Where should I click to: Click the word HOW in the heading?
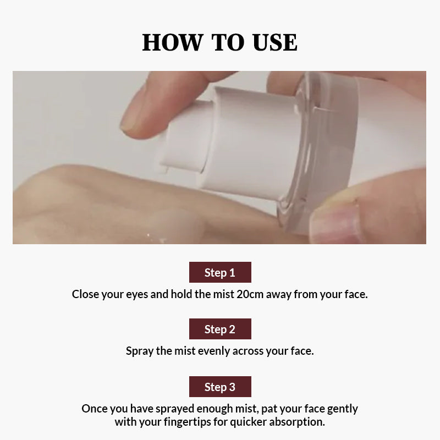click(x=172, y=43)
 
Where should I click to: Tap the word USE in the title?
click(x=274, y=43)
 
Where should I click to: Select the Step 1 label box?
click(x=220, y=272)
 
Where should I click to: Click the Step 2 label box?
click(x=220, y=329)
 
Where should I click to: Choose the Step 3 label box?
click(x=220, y=387)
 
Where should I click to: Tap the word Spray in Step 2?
click(x=140, y=351)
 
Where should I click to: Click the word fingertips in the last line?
click(x=187, y=422)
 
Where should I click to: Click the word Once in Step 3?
click(x=94, y=409)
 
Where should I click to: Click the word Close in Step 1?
click(x=85, y=294)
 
